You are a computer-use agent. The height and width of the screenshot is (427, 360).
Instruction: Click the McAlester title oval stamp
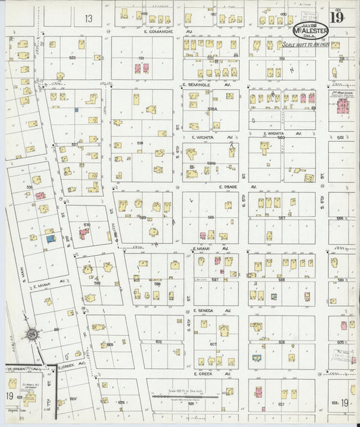pyautogui.click(x=310, y=30)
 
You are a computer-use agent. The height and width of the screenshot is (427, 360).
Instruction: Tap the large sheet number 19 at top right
pyautogui.click(x=336, y=18)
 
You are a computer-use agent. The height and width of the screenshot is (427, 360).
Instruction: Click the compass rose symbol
pyautogui.click(x=31, y=334)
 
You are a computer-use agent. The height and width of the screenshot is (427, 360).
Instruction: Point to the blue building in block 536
pyautogui.click(x=49, y=238)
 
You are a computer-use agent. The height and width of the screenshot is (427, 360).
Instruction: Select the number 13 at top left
pyautogui.click(x=88, y=18)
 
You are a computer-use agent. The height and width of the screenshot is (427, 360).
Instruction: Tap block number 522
pyautogui.click(x=72, y=58)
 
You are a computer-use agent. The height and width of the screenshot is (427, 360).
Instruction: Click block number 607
pyautogui.click(x=213, y=344)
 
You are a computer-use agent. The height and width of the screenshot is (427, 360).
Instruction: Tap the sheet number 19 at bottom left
pyautogui.click(x=9, y=395)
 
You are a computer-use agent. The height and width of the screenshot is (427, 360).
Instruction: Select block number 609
pyautogui.click(x=109, y=345)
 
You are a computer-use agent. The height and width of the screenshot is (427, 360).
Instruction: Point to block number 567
pyautogui.click(x=282, y=218)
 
